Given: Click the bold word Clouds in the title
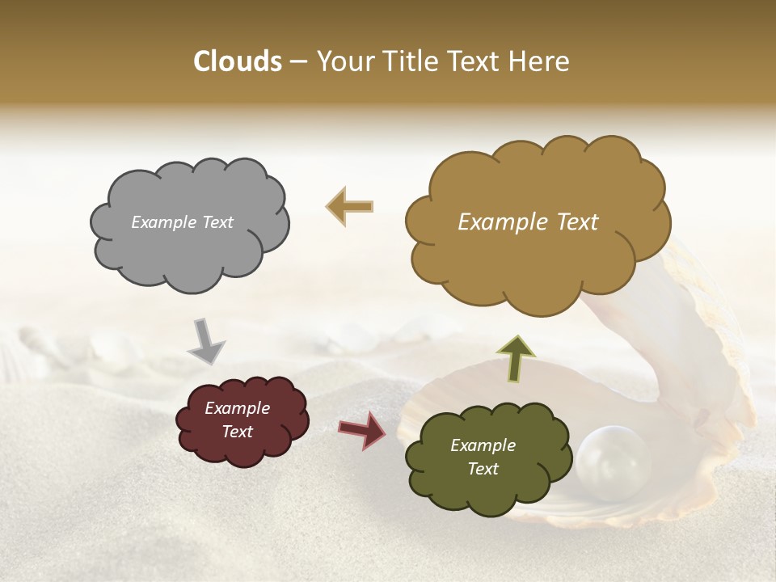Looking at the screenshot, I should click(x=237, y=61).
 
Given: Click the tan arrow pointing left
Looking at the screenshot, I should click(x=350, y=206).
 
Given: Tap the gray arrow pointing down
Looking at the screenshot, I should click(x=206, y=340).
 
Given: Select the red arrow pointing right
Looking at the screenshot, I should click(x=362, y=430).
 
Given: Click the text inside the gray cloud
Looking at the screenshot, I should click(x=182, y=222).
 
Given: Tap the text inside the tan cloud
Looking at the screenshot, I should click(x=528, y=222).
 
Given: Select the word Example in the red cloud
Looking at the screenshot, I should click(x=238, y=408).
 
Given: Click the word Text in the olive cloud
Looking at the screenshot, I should click(x=483, y=469).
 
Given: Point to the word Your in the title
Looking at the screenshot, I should click(x=343, y=61).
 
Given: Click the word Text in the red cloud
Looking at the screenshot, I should click(x=238, y=432).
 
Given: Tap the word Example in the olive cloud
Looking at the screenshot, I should click(x=483, y=445).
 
